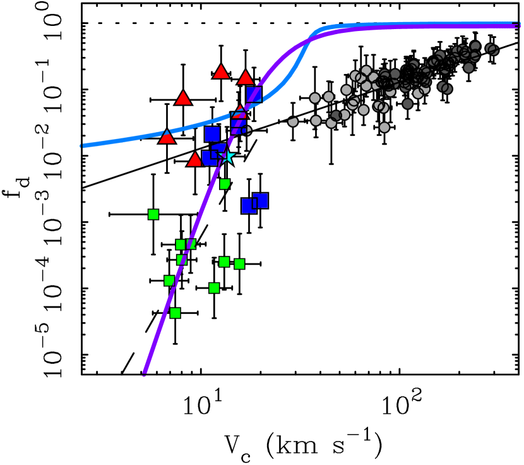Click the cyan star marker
click(228, 156)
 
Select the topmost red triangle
click(221, 72)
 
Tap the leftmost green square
click(153, 214)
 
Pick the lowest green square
click(175, 313)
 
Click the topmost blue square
click(254, 95)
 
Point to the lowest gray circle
click(384, 128)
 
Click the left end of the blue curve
click(82, 146)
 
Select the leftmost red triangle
click(167, 137)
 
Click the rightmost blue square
click(260, 201)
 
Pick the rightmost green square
click(239, 263)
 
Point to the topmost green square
click(225, 184)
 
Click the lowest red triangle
click(195, 160)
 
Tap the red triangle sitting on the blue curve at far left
click(167, 137)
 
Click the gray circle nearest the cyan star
click(247, 131)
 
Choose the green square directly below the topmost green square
click(224, 262)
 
